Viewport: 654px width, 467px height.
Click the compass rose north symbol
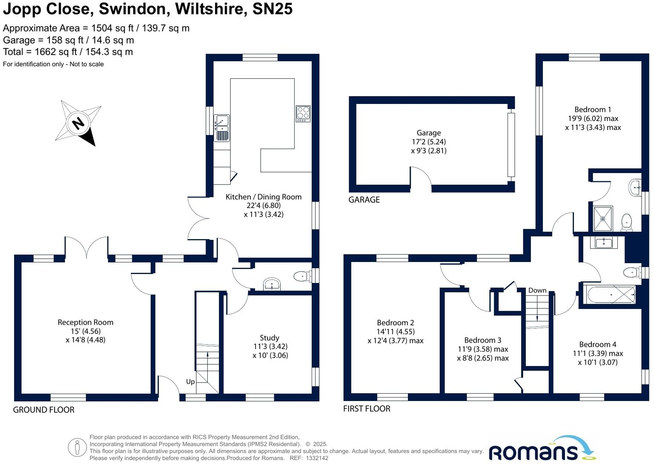tap(78, 124)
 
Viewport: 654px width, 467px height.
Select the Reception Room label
tap(86, 323)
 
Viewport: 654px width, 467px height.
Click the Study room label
tap(270, 338)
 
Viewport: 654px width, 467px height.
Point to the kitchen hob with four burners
tap(303, 114)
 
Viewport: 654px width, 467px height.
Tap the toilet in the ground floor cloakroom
tap(301, 276)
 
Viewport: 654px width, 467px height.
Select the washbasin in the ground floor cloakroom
tap(272, 284)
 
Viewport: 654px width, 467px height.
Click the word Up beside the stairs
tap(190, 382)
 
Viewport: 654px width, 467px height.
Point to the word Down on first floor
tap(537, 291)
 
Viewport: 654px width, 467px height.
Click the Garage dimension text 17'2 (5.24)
tap(429, 142)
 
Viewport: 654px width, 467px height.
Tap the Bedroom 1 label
tap(593, 110)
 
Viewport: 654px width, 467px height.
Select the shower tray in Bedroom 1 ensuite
tap(603, 219)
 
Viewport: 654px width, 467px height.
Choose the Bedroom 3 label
tap(483, 340)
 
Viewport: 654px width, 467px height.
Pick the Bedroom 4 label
tap(598, 344)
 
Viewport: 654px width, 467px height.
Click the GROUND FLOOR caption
tap(44, 410)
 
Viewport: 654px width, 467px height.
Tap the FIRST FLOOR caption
tap(367, 409)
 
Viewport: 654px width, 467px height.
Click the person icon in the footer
tap(77, 447)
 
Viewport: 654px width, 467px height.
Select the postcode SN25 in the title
tap(272, 9)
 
